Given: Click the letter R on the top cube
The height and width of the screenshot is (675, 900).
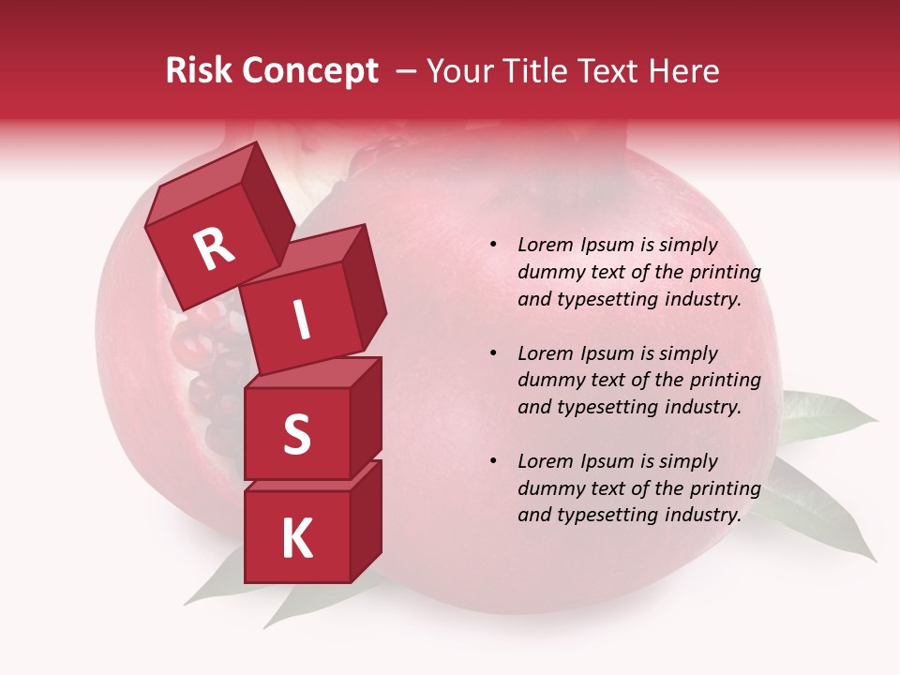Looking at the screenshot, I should click(x=214, y=249).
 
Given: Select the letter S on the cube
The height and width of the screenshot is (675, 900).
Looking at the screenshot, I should click(x=296, y=435).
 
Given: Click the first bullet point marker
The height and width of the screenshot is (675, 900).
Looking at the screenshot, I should click(x=493, y=246).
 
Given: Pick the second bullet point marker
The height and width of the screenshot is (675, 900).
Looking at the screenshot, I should click(x=493, y=354).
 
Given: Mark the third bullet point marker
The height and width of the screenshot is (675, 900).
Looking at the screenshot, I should click(x=493, y=462).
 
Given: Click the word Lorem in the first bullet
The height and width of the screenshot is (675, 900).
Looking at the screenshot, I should click(x=545, y=246).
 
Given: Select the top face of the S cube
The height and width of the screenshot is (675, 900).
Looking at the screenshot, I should click(x=313, y=373).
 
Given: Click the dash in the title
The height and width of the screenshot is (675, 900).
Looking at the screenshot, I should click(x=408, y=71).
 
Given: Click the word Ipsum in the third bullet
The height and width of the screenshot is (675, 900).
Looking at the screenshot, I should click(x=608, y=461).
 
